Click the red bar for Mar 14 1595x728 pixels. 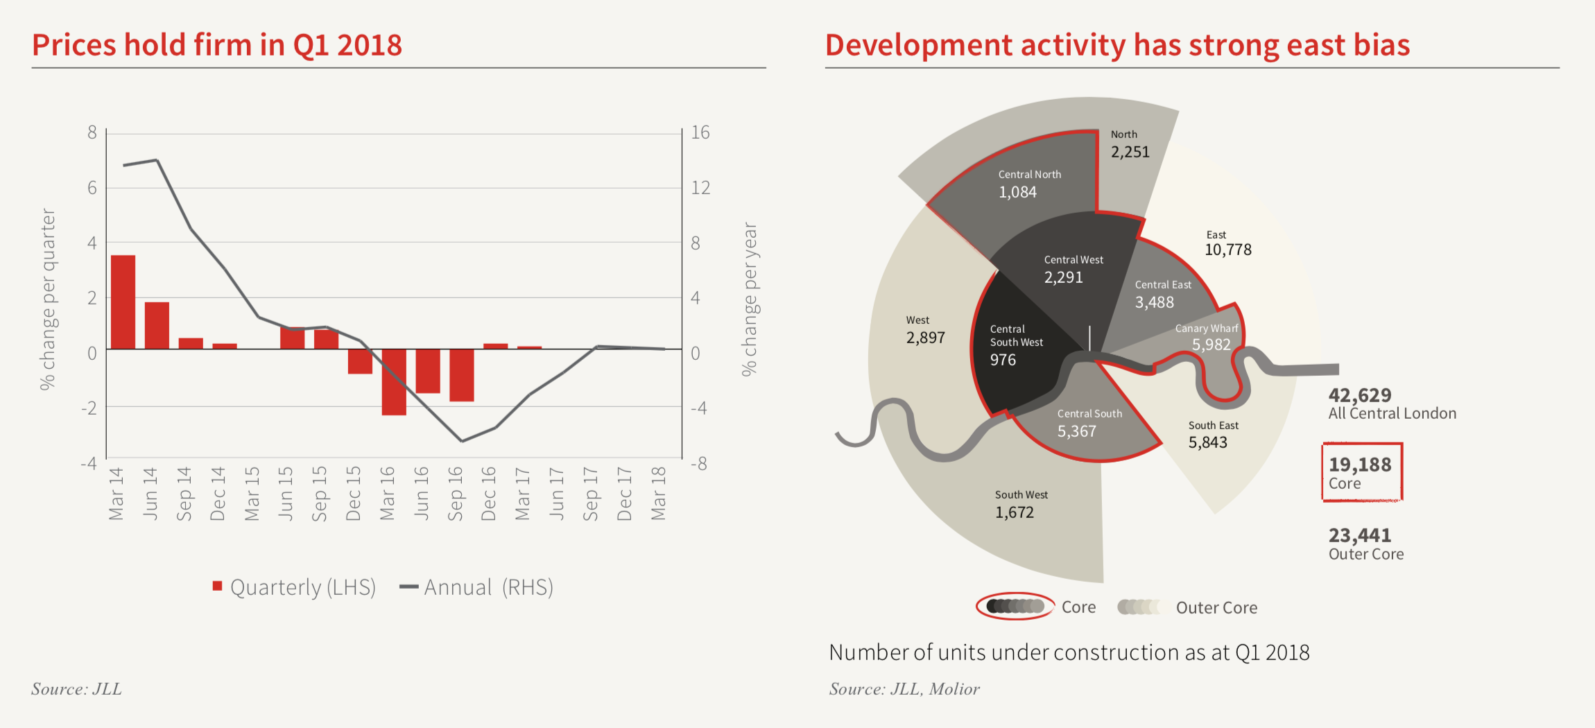[123, 302]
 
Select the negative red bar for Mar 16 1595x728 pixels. [394, 382]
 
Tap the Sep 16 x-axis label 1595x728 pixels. [455, 494]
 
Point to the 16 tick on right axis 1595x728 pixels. [700, 132]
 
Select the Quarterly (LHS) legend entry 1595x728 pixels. [295, 587]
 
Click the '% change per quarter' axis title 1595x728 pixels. [47, 299]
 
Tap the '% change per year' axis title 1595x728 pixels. [750, 299]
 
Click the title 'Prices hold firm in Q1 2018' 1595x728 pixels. [217, 45]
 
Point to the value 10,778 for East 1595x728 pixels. [1227, 250]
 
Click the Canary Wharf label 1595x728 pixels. [1206, 329]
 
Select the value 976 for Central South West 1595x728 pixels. [1003, 360]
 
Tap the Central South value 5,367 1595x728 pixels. [1076, 431]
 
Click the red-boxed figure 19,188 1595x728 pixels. [1360, 465]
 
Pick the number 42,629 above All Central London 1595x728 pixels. [1360, 395]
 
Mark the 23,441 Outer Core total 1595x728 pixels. [1360, 535]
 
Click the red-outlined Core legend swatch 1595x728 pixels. [1015, 607]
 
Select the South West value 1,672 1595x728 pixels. [1014, 512]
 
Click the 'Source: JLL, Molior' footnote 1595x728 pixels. [904, 688]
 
